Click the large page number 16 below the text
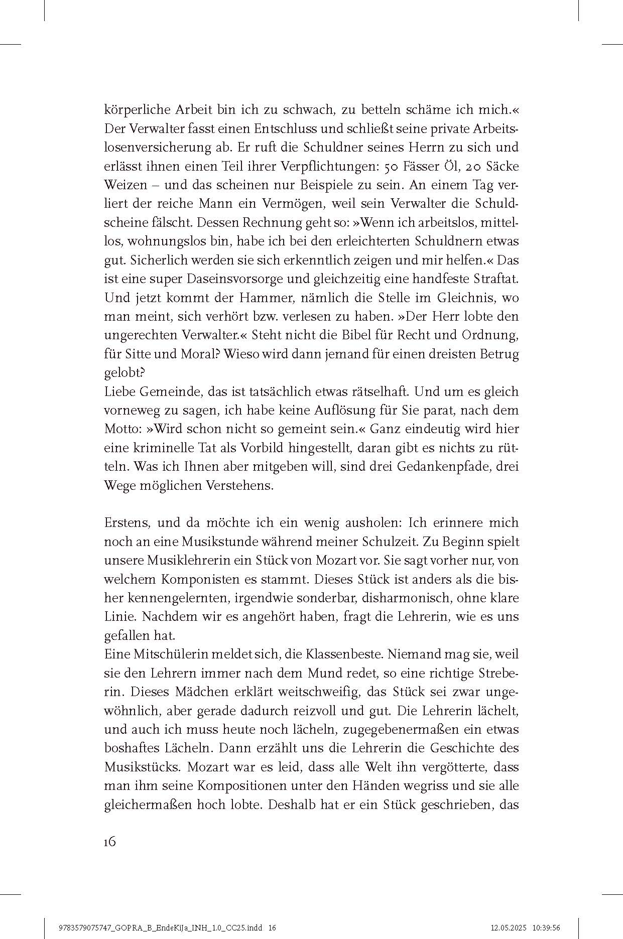point(110,842)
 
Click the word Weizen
point(122,185)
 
